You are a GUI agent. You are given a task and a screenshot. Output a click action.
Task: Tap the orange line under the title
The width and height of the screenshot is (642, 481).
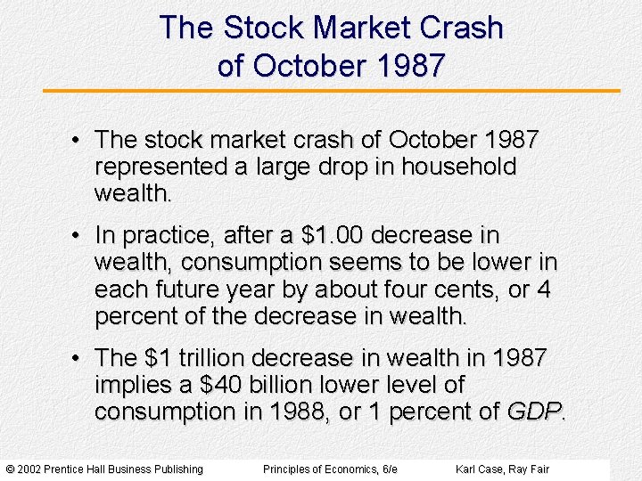point(332,91)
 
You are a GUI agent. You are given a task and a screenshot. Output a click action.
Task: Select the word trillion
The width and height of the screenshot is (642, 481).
point(210,358)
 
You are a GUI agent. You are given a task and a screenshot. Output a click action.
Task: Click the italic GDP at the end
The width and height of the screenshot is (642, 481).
point(534,412)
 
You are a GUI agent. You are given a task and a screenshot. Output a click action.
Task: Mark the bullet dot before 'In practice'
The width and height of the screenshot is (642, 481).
point(78,236)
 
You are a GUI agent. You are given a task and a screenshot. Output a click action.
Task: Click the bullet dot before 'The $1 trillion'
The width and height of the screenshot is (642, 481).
point(78,359)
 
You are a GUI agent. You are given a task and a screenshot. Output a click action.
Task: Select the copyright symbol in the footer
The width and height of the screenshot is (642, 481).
point(10,469)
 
